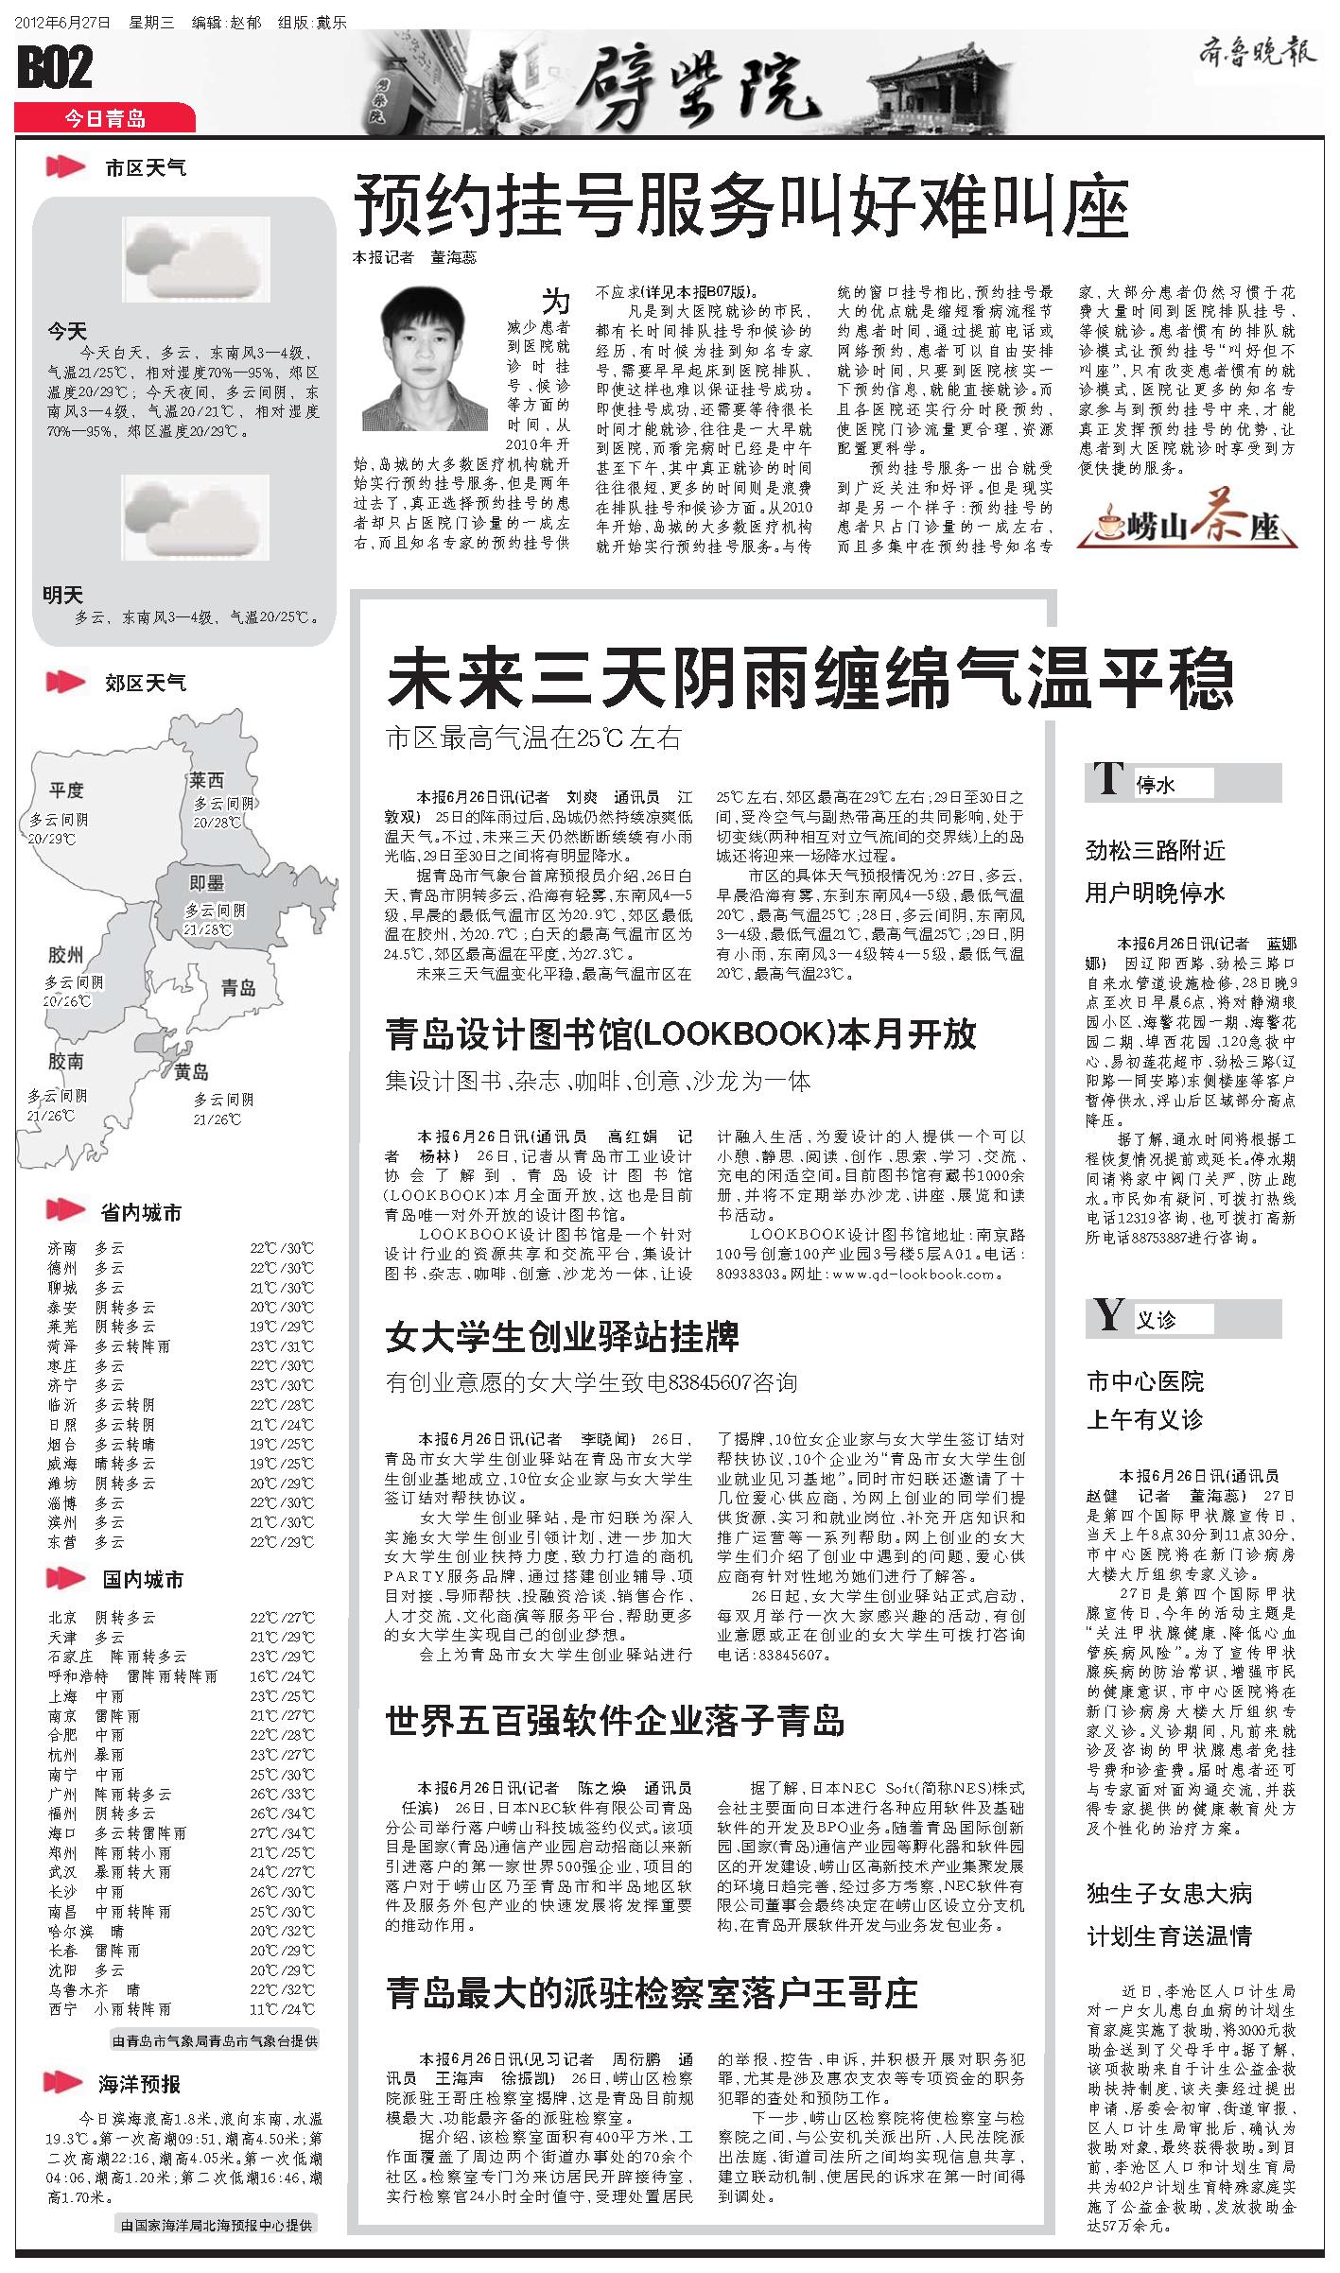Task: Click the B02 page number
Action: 55,68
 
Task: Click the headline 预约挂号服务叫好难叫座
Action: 741,210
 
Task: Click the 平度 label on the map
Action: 67,789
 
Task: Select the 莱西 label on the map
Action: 207,781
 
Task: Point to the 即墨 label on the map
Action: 206,882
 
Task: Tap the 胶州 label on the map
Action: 65,954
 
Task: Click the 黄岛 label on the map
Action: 191,1072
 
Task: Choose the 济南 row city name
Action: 62,1248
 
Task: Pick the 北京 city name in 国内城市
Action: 62,1618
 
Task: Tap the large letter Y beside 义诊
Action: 1107,1315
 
